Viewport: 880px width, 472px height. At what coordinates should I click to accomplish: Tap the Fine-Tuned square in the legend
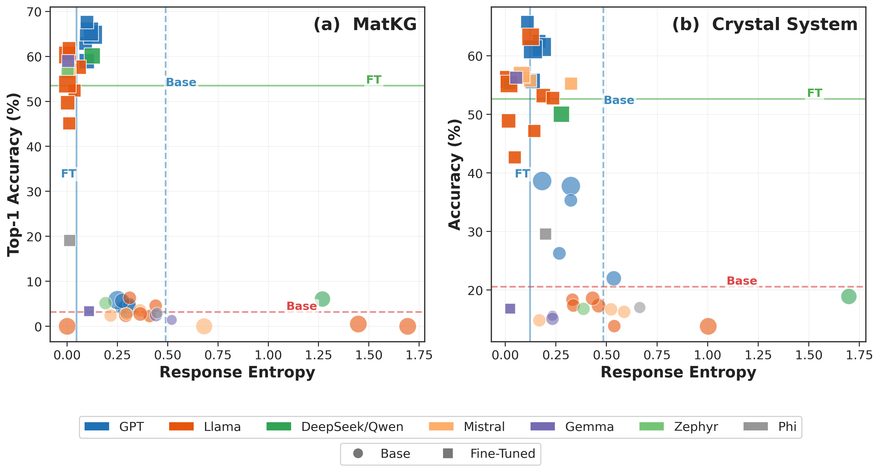coord(488,454)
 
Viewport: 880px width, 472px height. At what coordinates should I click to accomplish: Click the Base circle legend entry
coord(381,454)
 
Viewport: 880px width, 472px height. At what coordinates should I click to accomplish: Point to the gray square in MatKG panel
coord(70,240)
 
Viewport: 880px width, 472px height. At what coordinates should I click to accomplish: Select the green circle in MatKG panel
coord(322,299)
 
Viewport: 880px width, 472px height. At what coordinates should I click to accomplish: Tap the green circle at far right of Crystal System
coord(849,296)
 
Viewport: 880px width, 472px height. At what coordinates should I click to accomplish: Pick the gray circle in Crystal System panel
coord(639,307)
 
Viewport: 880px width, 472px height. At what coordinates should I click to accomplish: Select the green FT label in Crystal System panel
coord(815,93)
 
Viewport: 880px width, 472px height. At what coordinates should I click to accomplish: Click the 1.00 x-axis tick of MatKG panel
coord(268,355)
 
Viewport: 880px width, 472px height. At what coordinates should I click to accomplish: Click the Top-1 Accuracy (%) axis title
coord(14,175)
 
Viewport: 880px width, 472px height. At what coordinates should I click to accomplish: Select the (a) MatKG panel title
coord(365,25)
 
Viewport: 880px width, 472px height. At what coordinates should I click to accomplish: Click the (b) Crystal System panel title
coord(764,25)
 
